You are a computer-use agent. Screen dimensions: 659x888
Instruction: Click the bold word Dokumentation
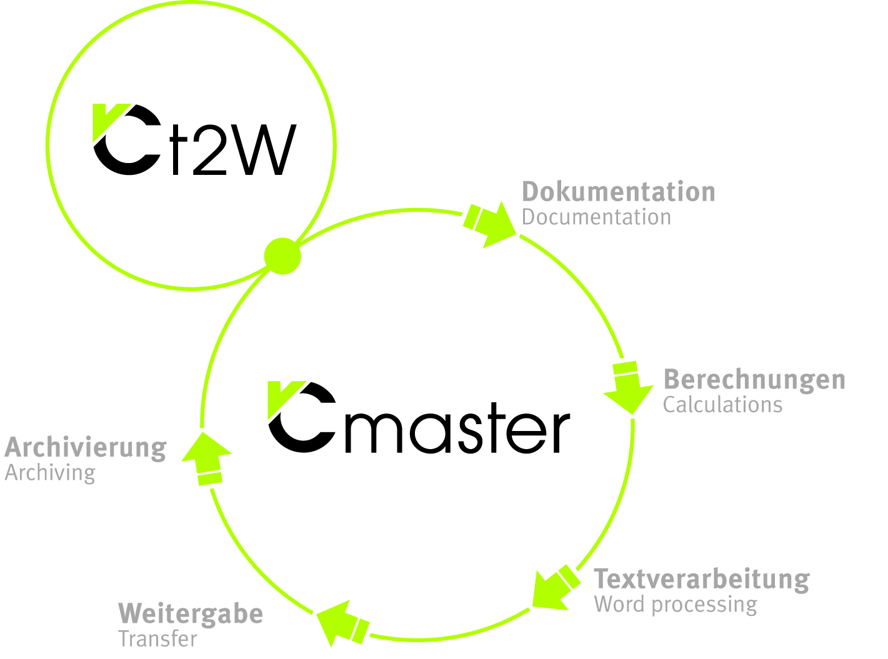(618, 192)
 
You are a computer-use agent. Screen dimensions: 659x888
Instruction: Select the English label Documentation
(596, 217)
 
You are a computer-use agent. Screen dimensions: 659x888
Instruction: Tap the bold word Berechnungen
(754, 379)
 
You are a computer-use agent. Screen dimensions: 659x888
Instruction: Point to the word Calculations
(722, 405)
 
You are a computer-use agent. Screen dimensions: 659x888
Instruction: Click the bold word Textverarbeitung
(701, 579)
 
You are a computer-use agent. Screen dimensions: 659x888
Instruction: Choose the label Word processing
(676, 605)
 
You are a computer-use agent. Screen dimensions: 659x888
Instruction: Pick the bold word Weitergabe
(191, 613)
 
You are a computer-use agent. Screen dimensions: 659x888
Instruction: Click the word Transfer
(157, 639)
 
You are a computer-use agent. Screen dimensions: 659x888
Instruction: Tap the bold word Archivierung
(86, 448)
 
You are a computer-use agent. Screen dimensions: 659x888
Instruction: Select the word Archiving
(50, 473)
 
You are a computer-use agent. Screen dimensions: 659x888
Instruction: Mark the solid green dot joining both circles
(282, 256)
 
